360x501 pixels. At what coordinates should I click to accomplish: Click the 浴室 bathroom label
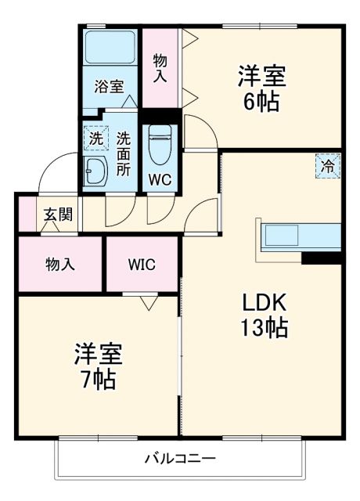coord(109,86)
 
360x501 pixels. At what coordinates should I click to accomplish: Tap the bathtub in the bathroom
coord(110,48)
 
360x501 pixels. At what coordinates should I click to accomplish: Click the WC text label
coord(160,179)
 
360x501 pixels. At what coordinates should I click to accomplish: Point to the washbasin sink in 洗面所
coord(96,169)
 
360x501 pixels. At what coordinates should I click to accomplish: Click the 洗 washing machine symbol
coord(95,138)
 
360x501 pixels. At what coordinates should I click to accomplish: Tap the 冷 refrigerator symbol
coord(329,166)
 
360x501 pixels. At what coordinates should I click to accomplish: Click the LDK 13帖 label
coord(264,315)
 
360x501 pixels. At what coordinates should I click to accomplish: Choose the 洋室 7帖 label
coord(98,366)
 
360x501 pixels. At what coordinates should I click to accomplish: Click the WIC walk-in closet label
coord(142,264)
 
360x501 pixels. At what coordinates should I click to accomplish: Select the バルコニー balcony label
coord(179,459)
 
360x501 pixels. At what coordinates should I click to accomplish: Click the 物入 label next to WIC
coord(59,264)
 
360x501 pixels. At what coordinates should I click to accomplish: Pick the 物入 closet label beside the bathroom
coord(160,68)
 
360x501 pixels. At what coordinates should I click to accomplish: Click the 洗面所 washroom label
coord(124,150)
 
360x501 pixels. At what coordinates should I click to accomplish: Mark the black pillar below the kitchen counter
coord(322,258)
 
